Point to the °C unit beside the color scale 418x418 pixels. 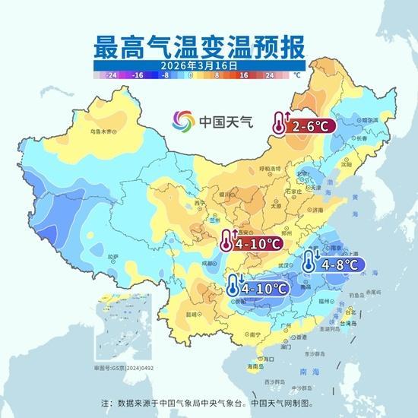coord(297,76)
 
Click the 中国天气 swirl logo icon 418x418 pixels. coord(182,122)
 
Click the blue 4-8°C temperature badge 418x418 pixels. coord(334,264)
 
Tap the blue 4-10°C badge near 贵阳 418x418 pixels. coord(258,288)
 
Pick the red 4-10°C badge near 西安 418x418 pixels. coord(250,244)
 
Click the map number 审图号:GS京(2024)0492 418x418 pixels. coord(120,366)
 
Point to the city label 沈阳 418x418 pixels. coord(347,163)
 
